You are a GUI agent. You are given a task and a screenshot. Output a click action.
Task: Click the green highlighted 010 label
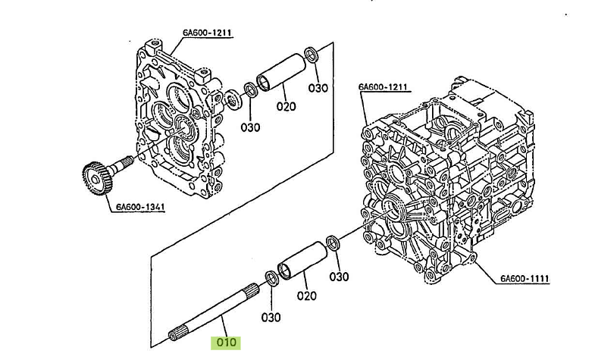click(226, 343)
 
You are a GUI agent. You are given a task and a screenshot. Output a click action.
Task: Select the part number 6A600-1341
click(140, 207)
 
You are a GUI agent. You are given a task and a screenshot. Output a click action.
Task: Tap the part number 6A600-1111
click(525, 279)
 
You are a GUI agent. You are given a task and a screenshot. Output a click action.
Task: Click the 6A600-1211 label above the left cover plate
click(207, 33)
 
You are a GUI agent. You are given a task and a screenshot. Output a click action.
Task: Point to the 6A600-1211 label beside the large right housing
click(383, 87)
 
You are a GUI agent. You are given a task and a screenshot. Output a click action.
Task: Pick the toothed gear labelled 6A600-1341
click(98, 178)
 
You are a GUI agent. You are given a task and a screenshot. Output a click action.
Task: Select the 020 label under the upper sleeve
click(286, 106)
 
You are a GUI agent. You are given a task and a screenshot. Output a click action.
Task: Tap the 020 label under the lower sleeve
click(307, 296)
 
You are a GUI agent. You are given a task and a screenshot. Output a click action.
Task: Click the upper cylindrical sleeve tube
click(281, 73)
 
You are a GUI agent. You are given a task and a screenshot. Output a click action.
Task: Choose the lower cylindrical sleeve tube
click(302, 261)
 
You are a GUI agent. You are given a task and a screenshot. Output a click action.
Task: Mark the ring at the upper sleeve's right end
click(312, 54)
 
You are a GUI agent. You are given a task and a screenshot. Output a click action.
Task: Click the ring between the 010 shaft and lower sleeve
click(271, 278)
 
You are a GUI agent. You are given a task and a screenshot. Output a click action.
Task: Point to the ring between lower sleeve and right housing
click(333, 243)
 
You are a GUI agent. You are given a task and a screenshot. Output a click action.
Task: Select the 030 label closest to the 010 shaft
click(271, 317)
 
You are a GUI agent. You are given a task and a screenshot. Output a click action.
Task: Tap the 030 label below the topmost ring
click(318, 88)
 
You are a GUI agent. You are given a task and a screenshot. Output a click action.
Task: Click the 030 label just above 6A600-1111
click(339, 277)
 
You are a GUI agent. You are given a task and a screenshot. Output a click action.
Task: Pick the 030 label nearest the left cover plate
click(250, 127)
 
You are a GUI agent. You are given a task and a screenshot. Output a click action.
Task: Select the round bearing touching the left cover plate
click(232, 100)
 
